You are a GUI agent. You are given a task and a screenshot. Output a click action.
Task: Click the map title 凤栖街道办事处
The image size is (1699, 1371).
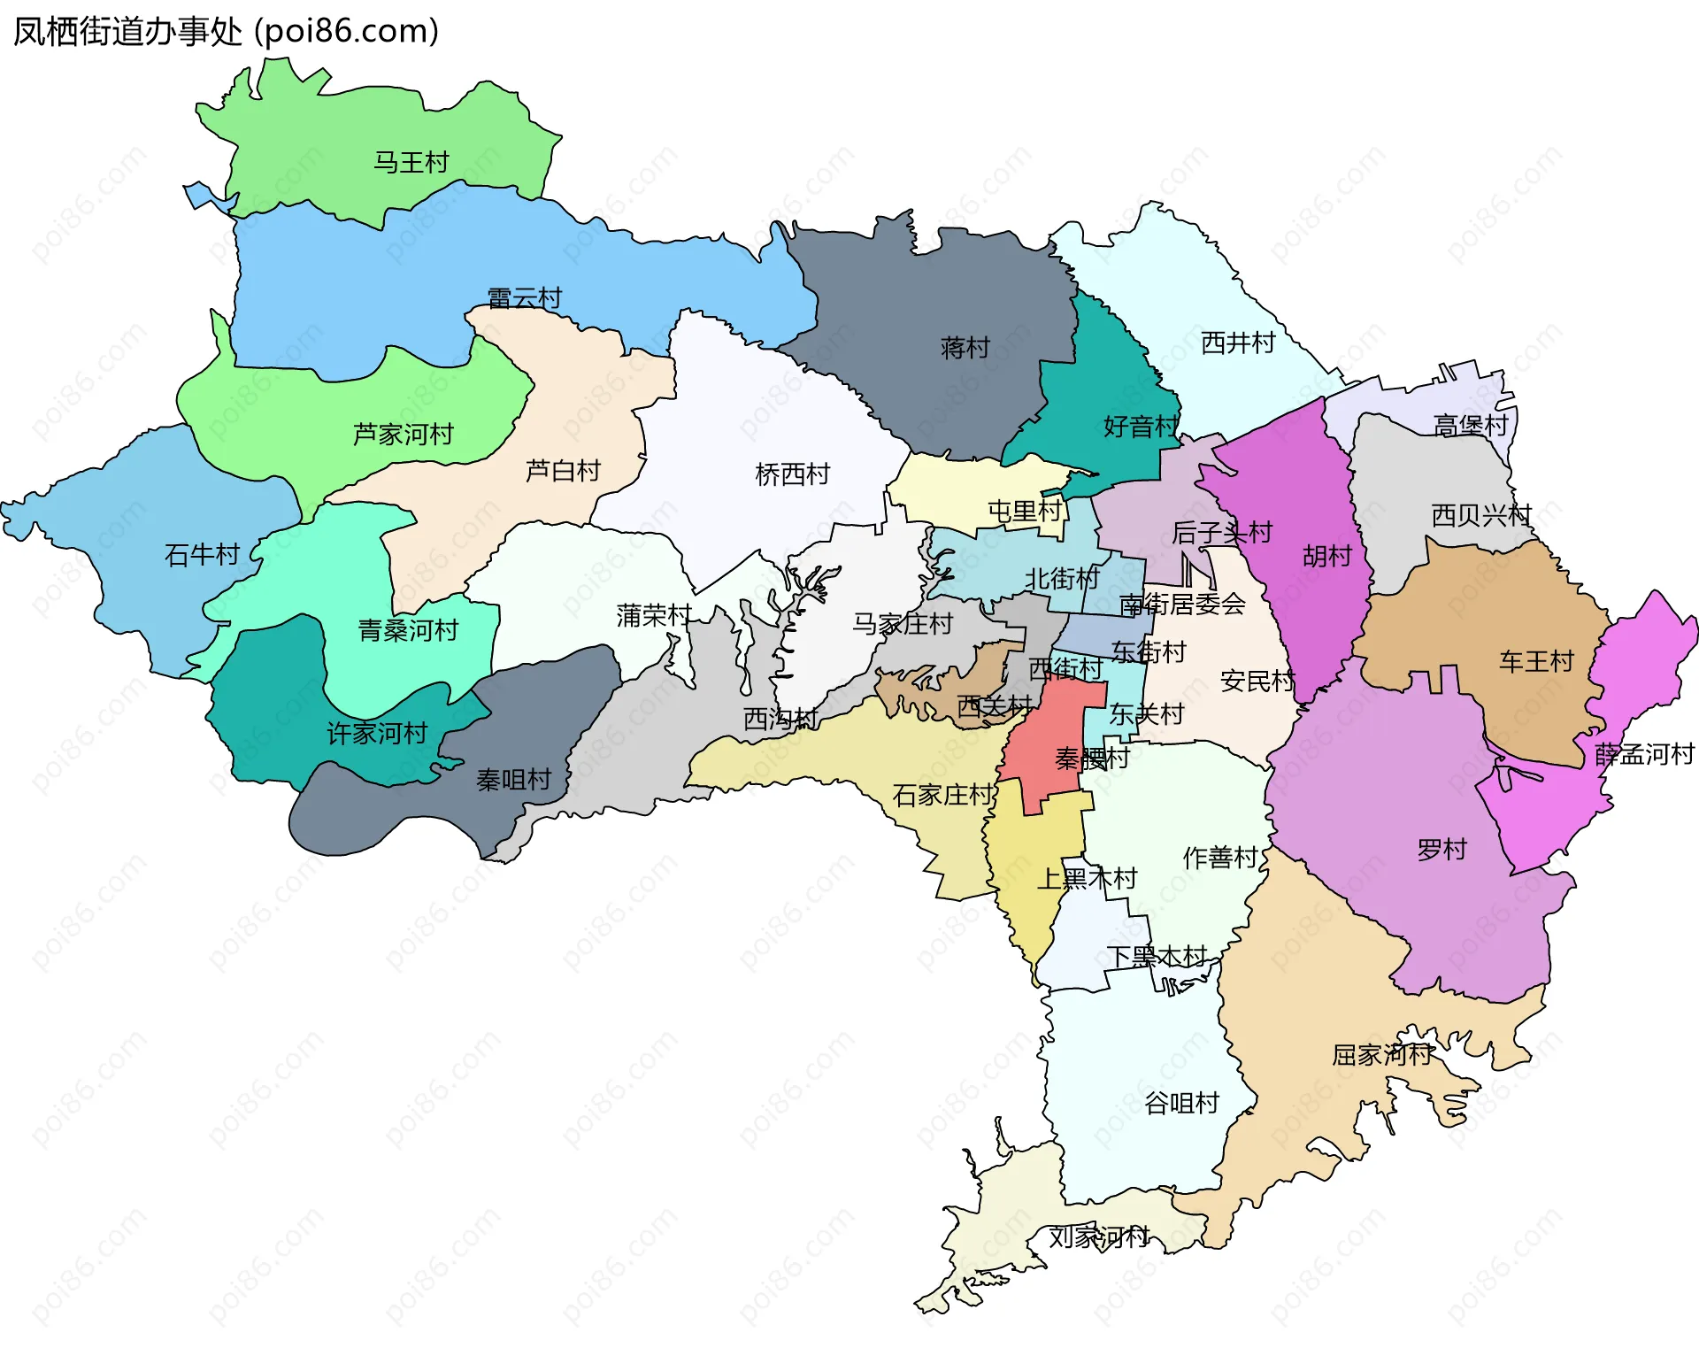pyautogui.click(x=127, y=31)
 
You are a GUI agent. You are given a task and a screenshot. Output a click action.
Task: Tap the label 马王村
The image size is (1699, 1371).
pyautogui.click(x=411, y=162)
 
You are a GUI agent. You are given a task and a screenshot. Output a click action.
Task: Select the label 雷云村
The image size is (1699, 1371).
pyautogui.click(x=525, y=297)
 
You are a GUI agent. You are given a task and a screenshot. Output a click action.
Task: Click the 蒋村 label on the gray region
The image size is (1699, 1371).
pyautogui.click(x=965, y=347)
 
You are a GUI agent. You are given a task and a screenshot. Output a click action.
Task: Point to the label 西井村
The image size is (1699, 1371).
pyautogui.click(x=1237, y=343)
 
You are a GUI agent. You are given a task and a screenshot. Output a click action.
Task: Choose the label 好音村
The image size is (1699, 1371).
pyautogui.click(x=1141, y=426)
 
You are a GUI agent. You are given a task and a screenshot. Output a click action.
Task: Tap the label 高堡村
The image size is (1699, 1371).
pyautogui.click(x=1470, y=425)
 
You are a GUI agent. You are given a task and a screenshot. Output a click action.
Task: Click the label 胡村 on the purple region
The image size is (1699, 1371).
pyautogui.click(x=1326, y=556)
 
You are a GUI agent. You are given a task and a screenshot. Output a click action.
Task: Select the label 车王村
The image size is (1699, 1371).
pyautogui.click(x=1535, y=661)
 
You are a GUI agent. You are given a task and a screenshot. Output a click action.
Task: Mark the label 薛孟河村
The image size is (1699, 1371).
pyautogui.click(x=1643, y=754)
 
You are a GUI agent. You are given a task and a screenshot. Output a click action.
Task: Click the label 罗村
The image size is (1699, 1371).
pyautogui.click(x=1441, y=850)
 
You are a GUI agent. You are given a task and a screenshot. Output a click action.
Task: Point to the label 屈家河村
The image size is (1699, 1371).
pyautogui.click(x=1381, y=1054)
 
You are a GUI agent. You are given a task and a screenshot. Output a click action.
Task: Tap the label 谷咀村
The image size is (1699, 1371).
pyautogui.click(x=1181, y=1103)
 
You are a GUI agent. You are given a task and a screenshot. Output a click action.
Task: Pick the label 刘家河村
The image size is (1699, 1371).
pyautogui.click(x=1099, y=1236)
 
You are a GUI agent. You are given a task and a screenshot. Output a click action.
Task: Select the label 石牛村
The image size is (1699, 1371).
pyautogui.click(x=202, y=554)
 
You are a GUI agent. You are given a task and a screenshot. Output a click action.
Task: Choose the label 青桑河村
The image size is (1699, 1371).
pyautogui.click(x=408, y=630)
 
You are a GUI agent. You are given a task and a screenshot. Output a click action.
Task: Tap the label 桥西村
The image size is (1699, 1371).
pyautogui.click(x=792, y=474)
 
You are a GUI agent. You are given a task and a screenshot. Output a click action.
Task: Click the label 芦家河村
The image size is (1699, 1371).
pyautogui.click(x=403, y=434)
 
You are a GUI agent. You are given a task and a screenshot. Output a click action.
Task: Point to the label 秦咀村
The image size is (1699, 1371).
pyautogui.click(x=513, y=779)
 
